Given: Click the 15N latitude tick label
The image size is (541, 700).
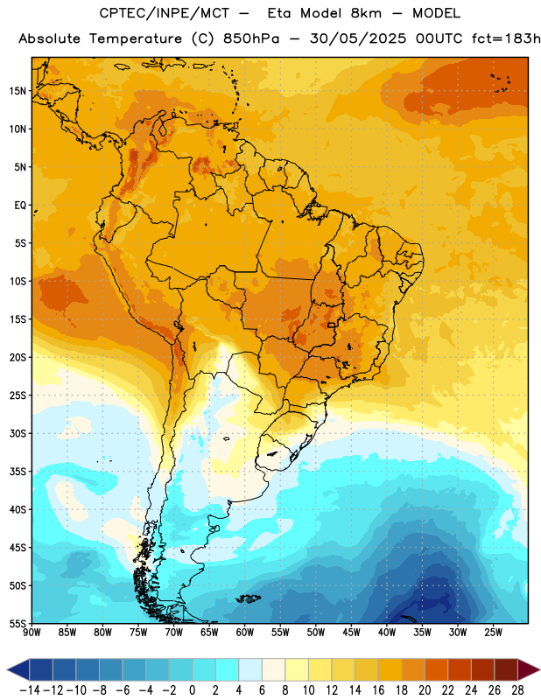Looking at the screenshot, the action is [18, 91].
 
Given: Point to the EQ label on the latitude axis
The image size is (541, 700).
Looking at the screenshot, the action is [20, 206].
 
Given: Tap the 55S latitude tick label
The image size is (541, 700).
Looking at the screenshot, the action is [18, 623].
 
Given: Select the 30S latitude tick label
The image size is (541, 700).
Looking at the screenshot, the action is [18, 433].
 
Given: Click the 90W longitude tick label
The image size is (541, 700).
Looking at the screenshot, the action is [32, 633].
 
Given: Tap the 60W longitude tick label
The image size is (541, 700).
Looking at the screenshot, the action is [245, 633].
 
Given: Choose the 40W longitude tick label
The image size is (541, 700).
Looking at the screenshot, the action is [387, 633].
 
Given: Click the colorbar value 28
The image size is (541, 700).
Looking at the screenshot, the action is [517, 690].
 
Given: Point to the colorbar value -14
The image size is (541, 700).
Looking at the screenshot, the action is [30, 690].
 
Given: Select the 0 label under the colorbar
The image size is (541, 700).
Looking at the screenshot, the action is [193, 690].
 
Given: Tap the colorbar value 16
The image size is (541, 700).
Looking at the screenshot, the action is [378, 690].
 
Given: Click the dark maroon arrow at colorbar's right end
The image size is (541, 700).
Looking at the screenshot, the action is [529, 669].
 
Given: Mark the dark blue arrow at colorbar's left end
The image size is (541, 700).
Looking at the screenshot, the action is [18, 669].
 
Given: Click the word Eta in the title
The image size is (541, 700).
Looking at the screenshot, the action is [279, 13].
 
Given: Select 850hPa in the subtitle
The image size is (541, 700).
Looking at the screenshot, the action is [251, 38].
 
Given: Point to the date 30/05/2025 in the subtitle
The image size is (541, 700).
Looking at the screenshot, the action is [358, 38].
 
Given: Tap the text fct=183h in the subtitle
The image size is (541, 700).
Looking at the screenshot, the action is [506, 38].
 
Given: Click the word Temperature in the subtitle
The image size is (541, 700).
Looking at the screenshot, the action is [136, 38].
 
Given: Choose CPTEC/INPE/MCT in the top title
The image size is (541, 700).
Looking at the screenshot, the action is [165, 13].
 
